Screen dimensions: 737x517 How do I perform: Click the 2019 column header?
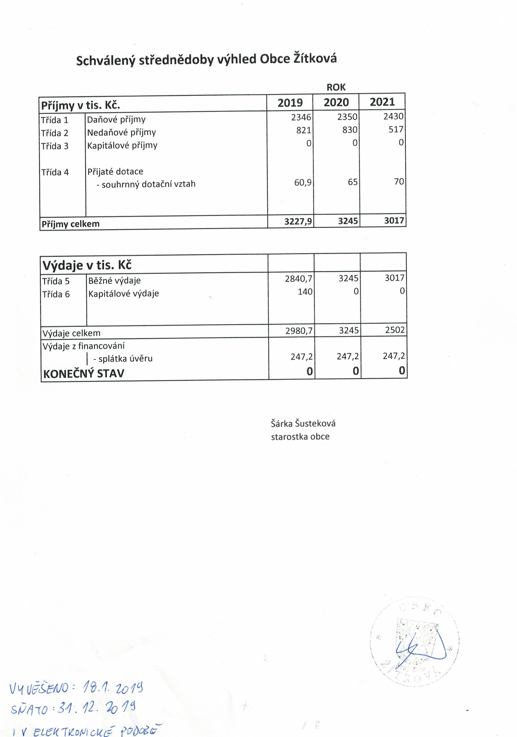coord(290,103)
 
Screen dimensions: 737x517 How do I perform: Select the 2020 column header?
coord(336,102)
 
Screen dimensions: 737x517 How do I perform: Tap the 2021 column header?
coord(382,102)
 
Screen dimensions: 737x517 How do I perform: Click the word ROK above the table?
coord(336,87)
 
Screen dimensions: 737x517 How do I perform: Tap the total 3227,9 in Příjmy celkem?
coord(298,221)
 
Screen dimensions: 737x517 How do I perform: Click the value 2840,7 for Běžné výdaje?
coord(298,279)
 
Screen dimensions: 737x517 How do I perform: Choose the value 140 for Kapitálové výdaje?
coord(305,291)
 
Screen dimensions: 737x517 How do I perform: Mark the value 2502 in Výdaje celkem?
coord(395,330)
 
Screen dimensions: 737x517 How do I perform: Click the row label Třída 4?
coord(55,172)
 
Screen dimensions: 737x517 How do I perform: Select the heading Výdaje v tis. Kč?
coord(87,265)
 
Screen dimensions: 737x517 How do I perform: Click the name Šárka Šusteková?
coord(303,423)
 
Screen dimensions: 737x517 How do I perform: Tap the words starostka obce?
coord(300,436)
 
